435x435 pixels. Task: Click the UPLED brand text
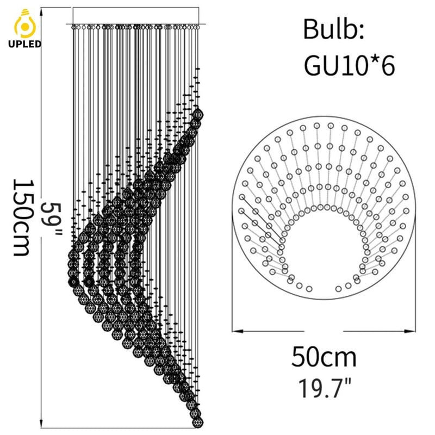click(24, 44)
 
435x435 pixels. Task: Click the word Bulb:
click(333, 29)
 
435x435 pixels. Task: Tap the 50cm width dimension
click(324, 357)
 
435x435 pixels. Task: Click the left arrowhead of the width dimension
click(237, 331)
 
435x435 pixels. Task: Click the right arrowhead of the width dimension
click(410, 331)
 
